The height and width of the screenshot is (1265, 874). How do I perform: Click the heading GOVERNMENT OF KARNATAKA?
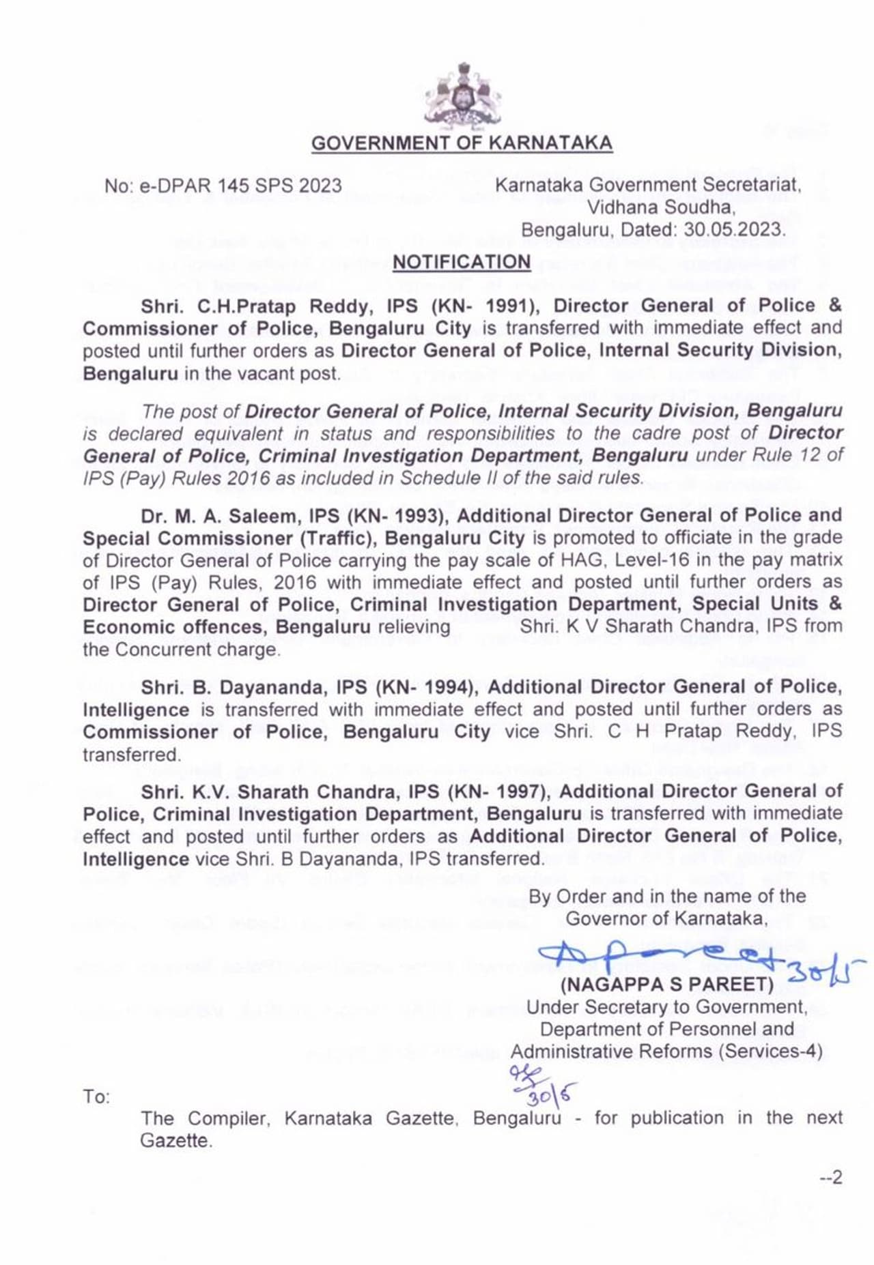click(x=462, y=143)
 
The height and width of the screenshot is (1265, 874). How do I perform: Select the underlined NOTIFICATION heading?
click(x=462, y=262)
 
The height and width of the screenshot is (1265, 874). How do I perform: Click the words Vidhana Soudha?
click(x=660, y=207)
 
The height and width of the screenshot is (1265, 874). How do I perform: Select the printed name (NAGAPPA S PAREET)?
click(x=667, y=985)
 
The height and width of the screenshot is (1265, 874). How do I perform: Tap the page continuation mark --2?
click(x=831, y=1177)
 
